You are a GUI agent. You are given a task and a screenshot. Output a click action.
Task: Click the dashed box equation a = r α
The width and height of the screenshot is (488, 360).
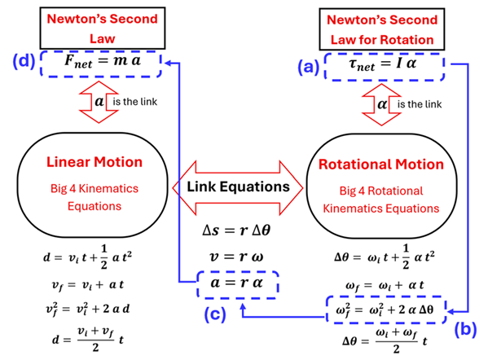(x=240, y=285)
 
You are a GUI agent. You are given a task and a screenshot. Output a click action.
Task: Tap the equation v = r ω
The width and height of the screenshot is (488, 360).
(x=240, y=258)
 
